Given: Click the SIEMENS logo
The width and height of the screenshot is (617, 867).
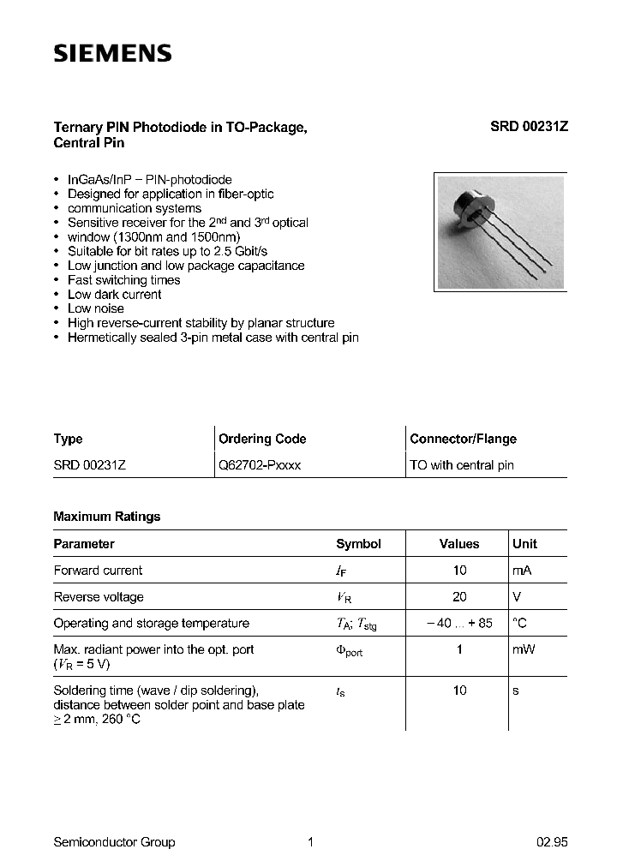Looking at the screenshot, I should pyautogui.click(x=112, y=54).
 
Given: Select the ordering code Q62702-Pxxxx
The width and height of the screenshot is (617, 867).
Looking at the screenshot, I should pyautogui.click(x=260, y=465).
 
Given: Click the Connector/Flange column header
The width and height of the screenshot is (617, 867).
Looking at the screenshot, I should pyautogui.click(x=463, y=439).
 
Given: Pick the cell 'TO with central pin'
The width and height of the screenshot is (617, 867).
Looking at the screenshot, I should pyautogui.click(x=462, y=465).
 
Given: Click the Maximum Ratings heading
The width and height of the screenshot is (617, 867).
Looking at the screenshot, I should pyautogui.click(x=106, y=517).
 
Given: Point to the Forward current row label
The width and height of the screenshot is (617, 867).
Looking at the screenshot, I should pyautogui.click(x=98, y=571).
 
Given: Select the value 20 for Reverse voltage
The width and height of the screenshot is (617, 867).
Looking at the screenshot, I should pyautogui.click(x=459, y=597).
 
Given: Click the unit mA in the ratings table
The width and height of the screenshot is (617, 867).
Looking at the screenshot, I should pyautogui.click(x=522, y=571).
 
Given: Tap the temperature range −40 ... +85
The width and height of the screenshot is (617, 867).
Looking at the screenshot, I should pyautogui.click(x=459, y=624).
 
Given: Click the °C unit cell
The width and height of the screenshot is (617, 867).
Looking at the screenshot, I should pyautogui.click(x=519, y=624).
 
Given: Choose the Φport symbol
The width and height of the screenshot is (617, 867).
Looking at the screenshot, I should pyautogui.click(x=349, y=650).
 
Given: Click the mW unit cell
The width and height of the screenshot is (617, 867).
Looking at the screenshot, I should pyautogui.click(x=524, y=649).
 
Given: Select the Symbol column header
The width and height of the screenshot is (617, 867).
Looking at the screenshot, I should pyautogui.click(x=358, y=544).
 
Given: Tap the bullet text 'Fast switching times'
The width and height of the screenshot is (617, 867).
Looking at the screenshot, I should pyautogui.click(x=123, y=280).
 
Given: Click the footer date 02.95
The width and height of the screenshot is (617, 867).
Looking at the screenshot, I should pyautogui.click(x=552, y=842).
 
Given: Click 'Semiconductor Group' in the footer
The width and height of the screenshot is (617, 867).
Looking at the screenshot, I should pyautogui.click(x=114, y=842).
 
